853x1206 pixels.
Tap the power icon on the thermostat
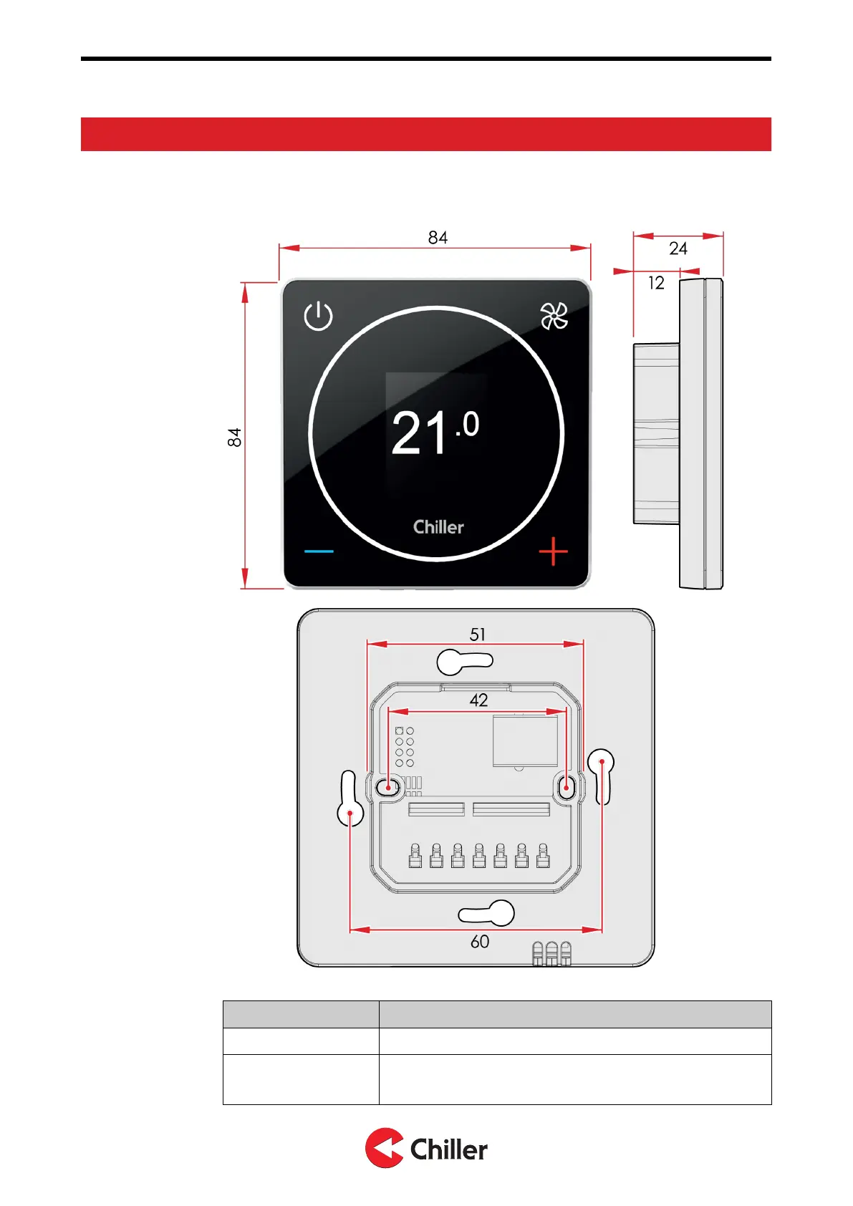tap(318, 316)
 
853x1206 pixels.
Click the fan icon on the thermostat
tap(554, 316)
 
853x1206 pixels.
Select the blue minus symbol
tap(319, 551)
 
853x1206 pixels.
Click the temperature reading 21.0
tap(435, 433)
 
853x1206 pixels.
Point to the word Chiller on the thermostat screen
tap(438, 527)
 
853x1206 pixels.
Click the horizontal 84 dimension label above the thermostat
tap(438, 238)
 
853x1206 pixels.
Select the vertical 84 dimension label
tap(235, 438)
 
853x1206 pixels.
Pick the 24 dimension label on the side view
tap(678, 249)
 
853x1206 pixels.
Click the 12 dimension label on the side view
tap(656, 283)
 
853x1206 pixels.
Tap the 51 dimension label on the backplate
tap(478, 635)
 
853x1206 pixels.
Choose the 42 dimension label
tap(478, 700)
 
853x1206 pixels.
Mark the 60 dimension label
tap(480, 942)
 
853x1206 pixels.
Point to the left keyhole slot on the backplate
tap(350, 799)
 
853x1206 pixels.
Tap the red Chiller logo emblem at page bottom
tap(384, 1148)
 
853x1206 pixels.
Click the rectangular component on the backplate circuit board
tap(525, 741)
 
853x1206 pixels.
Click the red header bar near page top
tap(425, 134)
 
